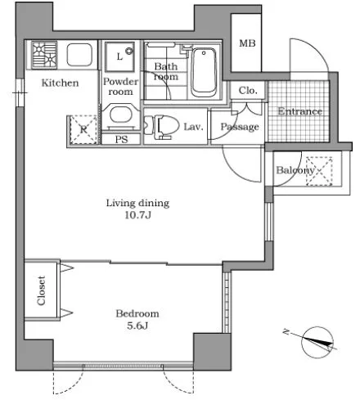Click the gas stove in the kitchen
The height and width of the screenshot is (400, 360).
tap(44, 55)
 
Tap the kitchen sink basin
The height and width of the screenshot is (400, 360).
tap(79, 55)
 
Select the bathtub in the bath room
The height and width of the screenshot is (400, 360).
tap(204, 72)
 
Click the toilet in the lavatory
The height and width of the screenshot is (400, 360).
tap(161, 127)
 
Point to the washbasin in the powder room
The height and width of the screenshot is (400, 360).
tap(121, 116)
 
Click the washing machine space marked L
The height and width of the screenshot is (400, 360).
tap(120, 56)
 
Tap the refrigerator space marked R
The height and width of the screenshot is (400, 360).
tap(83, 129)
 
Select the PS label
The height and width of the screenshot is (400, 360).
tap(121, 139)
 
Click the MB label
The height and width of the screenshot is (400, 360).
tap(247, 43)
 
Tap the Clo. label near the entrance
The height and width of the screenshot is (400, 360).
tap(248, 90)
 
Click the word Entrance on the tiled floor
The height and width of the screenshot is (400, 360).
tap(299, 111)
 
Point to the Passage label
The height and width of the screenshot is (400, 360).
tap(240, 127)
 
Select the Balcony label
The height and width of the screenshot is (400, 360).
tap(295, 170)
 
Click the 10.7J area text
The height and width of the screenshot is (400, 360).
tap(137, 215)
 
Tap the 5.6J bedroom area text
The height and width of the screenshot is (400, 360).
tap(137, 326)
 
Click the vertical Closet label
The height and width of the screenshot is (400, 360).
tap(41, 290)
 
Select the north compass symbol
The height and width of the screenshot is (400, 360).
tap(317, 342)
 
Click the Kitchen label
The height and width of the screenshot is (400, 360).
tap(60, 83)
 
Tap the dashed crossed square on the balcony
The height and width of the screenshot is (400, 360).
tap(319, 171)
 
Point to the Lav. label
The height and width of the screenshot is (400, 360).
tap(194, 127)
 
